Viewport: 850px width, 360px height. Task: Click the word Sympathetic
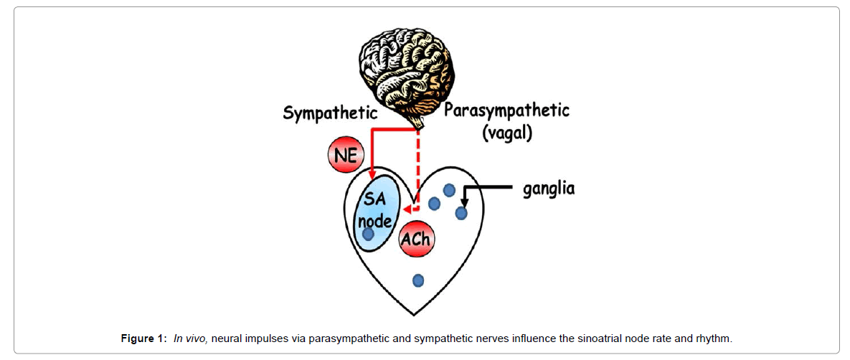coord(330,113)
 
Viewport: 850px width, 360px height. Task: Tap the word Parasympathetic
coord(506,110)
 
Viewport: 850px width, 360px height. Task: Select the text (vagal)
coord(506,133)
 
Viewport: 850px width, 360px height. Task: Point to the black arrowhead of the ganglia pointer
coord(463,202)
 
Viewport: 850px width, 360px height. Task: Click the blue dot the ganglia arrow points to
coord(461,213)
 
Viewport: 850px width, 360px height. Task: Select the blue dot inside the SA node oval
coord(368,234)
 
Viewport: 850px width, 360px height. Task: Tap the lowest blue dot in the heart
coord(418,280)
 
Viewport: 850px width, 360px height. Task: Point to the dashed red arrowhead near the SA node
coord(407,210)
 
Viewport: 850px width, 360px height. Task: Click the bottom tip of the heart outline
coord(415,314)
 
